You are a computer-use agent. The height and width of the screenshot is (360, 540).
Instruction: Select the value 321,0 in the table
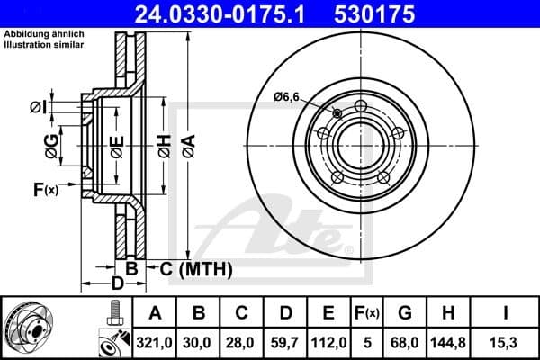coord(155,341)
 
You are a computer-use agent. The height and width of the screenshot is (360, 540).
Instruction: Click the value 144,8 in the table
coord(450,341)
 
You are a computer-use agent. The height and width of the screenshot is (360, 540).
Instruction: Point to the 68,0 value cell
coord(407,341)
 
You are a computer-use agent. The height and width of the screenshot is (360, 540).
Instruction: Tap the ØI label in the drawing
coord(37,107)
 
